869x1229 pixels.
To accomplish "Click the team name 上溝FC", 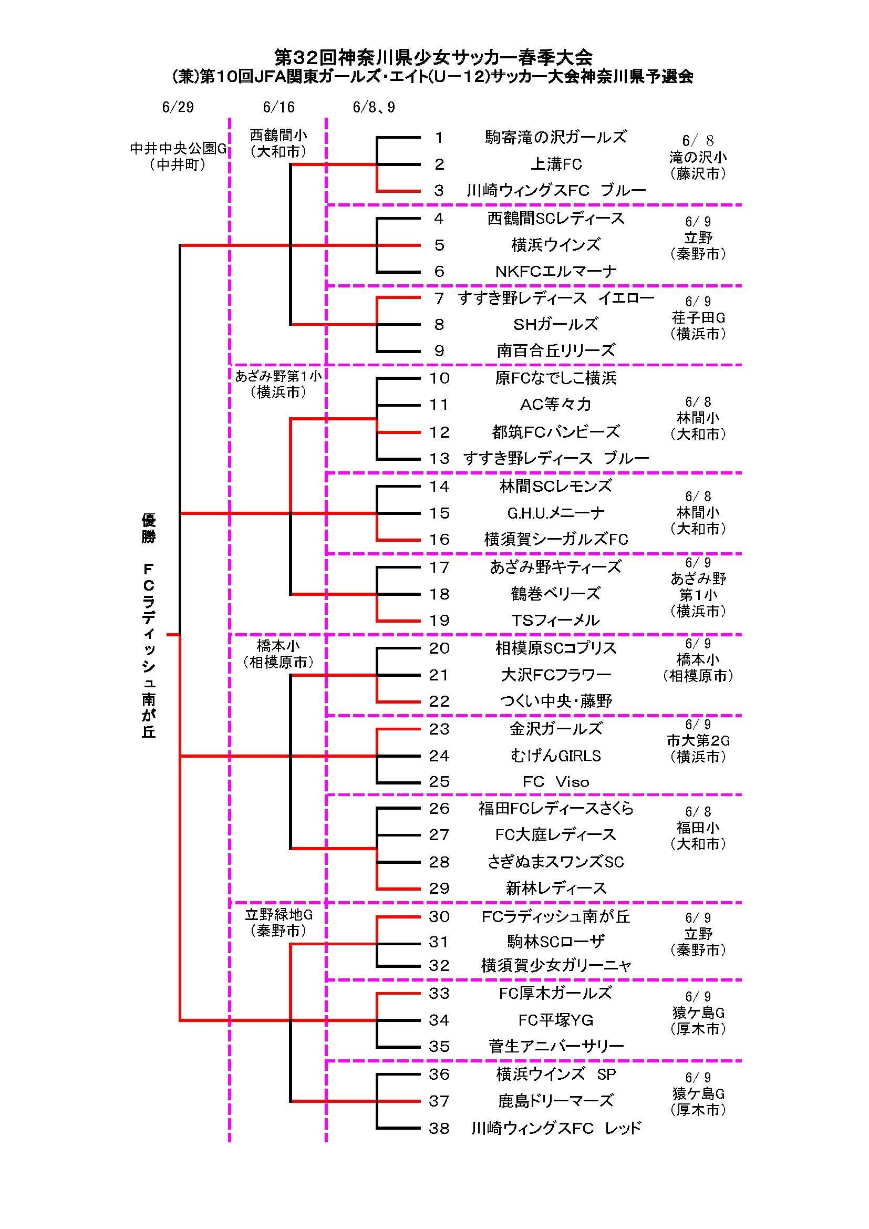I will pos(556,164).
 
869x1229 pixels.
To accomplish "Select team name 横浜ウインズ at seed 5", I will pos(556,245).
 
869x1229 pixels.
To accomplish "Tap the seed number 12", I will pos(439,432).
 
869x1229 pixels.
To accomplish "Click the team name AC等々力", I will pos(556,405).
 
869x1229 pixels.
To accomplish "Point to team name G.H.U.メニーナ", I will pos(556,513).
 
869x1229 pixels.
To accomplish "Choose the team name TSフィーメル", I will pos(556,621).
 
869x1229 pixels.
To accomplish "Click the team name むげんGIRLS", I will pos(556,756).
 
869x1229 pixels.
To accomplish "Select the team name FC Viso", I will pos(556,782).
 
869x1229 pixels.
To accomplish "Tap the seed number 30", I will pos(439,917).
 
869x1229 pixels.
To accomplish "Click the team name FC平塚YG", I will pos(556,1020).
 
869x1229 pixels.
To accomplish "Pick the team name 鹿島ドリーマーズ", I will pos(556,1101).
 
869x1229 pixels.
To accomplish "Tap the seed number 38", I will pos(439,1128).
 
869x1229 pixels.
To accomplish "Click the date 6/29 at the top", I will pos(178,107).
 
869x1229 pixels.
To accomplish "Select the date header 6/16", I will pos(279,107).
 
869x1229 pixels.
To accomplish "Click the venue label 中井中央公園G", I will pos(178,149).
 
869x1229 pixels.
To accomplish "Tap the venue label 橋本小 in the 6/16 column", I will pos(278,646).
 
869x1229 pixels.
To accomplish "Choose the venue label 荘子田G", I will pos(698,318).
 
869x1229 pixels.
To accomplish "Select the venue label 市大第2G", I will pos(698,740).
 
